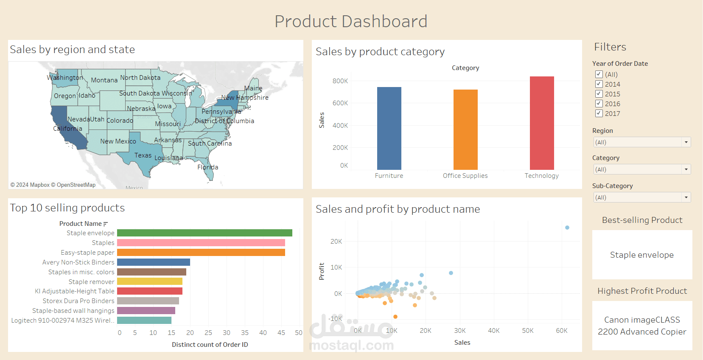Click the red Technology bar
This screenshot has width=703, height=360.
point(542,123)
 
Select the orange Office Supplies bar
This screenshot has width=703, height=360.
point(465,129)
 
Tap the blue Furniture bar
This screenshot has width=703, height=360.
point(389,128)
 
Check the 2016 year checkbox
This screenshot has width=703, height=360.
point(599,104)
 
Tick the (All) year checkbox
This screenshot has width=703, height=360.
point(599,74)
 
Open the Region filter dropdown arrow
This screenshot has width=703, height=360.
point(686,142)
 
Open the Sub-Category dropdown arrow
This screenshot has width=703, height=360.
point(686,197)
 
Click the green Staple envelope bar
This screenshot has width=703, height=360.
point(204,233)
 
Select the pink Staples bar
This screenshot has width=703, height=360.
point(201,243)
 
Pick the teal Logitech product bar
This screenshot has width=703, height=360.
point(144,321)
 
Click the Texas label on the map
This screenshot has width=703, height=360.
point(143,155)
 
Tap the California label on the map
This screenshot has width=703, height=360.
point(67,129)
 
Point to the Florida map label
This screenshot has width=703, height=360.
point(207,167)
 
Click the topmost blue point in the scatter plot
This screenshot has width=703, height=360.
point(567,228)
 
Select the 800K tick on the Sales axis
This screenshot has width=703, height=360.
point(340,81)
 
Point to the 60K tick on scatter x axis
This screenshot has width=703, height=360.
point(562,331)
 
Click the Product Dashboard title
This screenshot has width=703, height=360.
point(351,22)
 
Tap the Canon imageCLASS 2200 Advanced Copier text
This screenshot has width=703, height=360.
point(642,326)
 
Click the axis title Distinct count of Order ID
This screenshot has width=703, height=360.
point(210,345)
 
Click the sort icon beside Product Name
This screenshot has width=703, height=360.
point(106,224)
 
